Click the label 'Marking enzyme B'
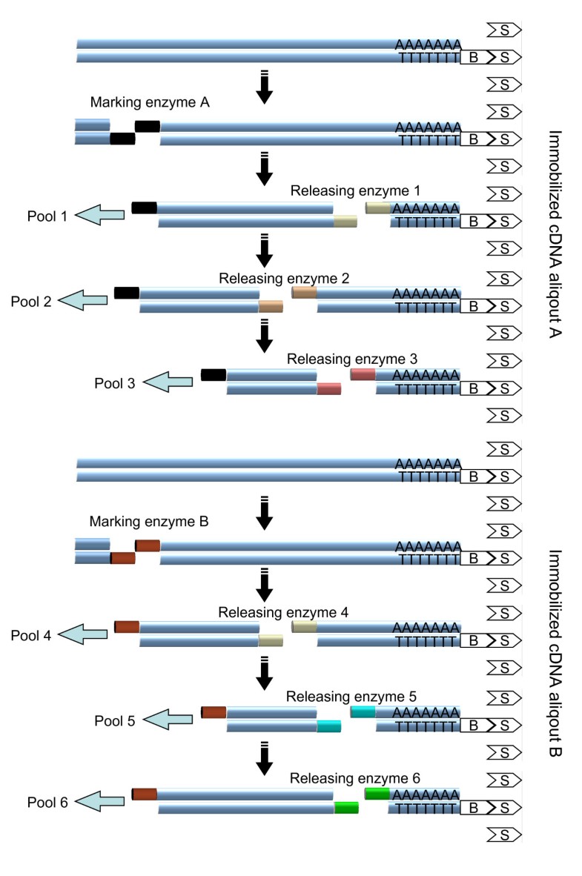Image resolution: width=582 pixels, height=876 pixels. point(149,521)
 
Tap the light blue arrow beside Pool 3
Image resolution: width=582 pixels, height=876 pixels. point(168,382)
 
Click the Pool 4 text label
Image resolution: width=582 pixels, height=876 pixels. point(32,634)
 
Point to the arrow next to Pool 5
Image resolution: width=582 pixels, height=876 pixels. point(168,719)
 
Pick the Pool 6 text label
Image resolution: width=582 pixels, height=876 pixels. point(48,800)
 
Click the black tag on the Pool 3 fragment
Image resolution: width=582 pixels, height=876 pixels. point(214,374)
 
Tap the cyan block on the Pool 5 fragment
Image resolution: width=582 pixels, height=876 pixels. point(329,726)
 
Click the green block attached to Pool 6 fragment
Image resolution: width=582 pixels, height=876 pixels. point(346,807)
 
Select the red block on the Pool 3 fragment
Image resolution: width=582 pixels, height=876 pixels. point(328,389)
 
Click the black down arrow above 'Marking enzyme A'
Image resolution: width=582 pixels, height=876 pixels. point(264,86)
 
